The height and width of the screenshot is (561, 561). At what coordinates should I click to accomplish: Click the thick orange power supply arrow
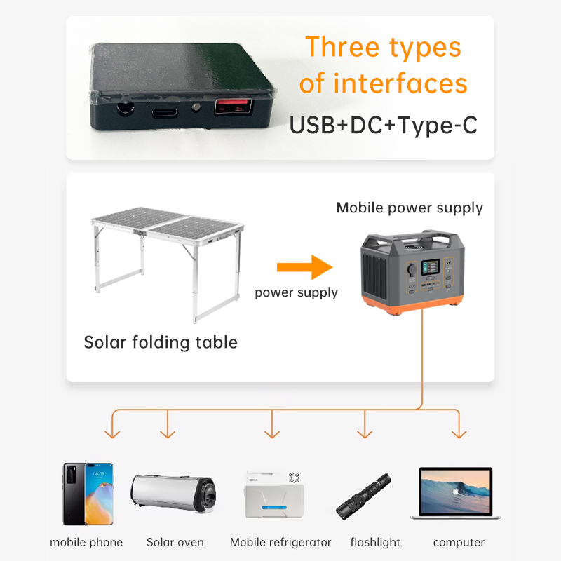304,267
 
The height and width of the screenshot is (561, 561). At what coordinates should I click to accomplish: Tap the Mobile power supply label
410,208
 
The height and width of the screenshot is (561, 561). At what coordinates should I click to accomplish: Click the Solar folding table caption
161,342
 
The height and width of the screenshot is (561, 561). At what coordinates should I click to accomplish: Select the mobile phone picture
88,494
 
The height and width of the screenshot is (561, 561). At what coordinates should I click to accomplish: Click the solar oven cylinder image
173,494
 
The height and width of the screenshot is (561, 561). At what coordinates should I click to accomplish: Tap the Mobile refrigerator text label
280,542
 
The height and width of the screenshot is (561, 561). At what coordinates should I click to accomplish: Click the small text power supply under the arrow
296,292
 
